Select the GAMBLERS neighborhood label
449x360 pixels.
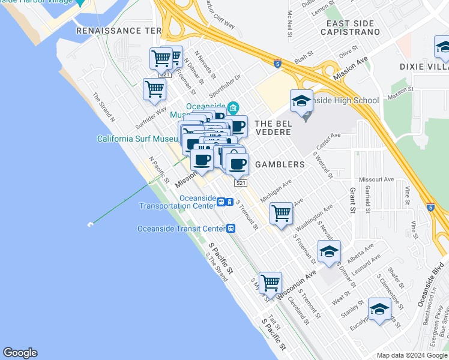[280, 164]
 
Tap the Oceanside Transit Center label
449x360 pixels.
[181, 228]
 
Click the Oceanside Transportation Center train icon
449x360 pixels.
[221, 202]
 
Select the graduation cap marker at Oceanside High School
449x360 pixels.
[302, 101]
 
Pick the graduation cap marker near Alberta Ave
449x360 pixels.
[329, 251]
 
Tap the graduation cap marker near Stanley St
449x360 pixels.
[379, 309]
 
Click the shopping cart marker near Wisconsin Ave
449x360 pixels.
[271, 282]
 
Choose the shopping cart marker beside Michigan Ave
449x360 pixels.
[281, 213]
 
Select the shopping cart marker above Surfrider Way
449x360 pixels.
[155, 89]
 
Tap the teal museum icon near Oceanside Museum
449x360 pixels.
[233, 108]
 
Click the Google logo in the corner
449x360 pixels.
[20, 353]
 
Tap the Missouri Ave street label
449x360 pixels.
[376, 179]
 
